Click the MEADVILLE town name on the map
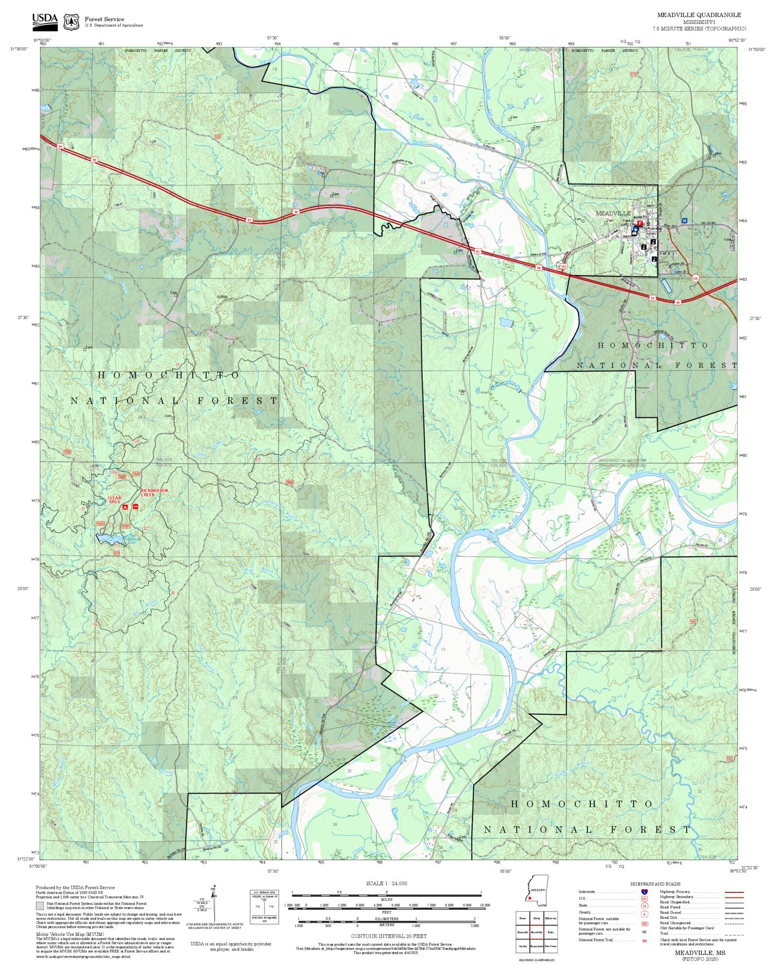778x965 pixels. (613, 213)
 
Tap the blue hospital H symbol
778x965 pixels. (685, 220)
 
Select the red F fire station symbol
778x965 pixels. (639, 223)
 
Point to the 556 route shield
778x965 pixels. (695, 278)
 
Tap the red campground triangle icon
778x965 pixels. (125, 507)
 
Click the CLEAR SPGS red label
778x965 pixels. (114, 500)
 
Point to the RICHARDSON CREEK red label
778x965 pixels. (154, 492)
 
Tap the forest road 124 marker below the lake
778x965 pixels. (116, 553)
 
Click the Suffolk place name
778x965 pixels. (222, 296)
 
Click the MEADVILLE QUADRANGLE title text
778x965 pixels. (699, 15)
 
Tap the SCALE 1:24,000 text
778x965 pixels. (387, 883)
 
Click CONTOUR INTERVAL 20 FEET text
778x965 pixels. (389, 936)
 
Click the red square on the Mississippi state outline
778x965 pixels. (530, 898)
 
